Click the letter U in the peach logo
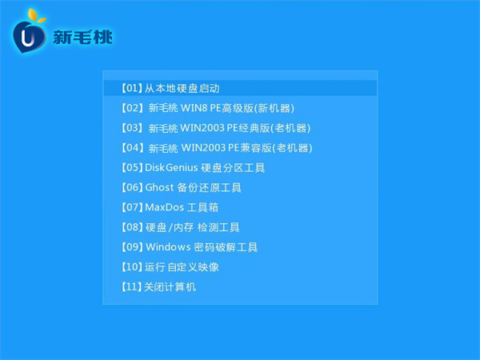[28, 38]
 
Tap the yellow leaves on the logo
[36, 16]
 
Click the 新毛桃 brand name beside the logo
[82, 38]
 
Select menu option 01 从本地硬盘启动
[170, 89]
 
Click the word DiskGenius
[171, 167]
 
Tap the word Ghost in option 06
[159, 187]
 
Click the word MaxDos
[164, 207]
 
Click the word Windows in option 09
[168, 247]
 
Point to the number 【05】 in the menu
[132, 167]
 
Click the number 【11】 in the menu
[132, 287]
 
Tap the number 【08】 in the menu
[132, 227]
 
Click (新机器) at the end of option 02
[274, 108]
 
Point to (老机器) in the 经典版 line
[290, 128]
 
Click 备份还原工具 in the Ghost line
[210, 187]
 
